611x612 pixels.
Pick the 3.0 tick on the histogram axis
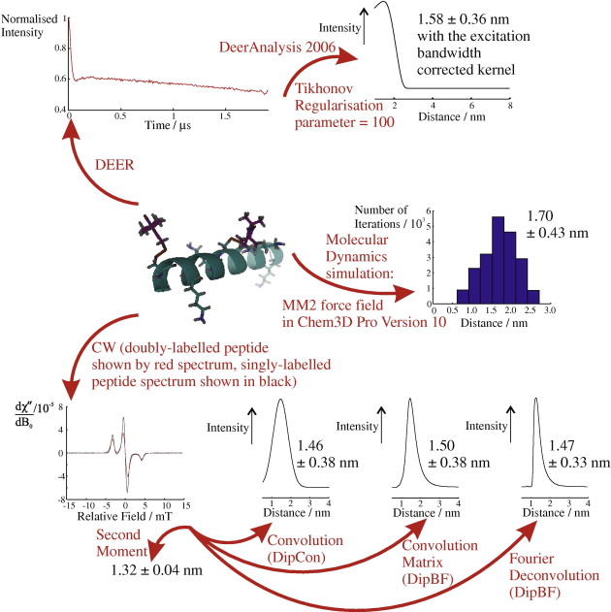point(549,313)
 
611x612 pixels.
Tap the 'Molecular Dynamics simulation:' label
point(365,254)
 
